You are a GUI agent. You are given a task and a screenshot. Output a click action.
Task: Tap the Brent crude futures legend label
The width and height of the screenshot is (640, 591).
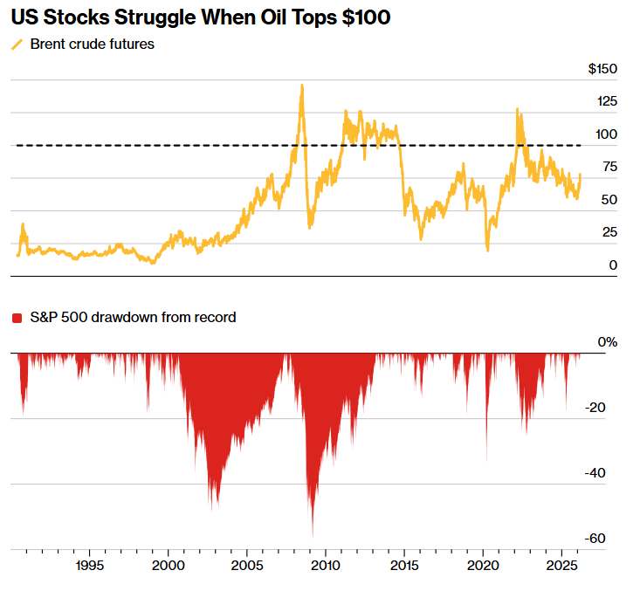(x=92, y=44)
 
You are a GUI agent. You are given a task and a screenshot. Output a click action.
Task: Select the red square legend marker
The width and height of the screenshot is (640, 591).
(x=17, y=319)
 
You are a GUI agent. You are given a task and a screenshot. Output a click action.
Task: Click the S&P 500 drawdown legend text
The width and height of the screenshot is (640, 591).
(x=133, y=318)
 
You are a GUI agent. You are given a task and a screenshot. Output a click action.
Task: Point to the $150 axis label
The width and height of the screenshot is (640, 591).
(x=602, y=69)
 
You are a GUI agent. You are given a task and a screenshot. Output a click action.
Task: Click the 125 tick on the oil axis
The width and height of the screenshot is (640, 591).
(x=606, y=101)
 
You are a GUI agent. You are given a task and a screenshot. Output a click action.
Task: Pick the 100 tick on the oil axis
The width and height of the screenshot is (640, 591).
(x=606, y=134)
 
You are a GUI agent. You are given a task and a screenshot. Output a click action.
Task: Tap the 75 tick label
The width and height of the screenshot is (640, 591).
(x=609, y=167)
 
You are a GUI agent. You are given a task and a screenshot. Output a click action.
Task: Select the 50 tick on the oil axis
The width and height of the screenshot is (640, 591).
(x=609, y=200)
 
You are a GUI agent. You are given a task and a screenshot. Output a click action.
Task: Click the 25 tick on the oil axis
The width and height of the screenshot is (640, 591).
(x=609, y=232)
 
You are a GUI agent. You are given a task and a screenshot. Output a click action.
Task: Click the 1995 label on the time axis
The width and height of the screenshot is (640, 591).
(x=90, y=567)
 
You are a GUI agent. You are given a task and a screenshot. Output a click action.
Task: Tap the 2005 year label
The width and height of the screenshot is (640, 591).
(x=248, y=567)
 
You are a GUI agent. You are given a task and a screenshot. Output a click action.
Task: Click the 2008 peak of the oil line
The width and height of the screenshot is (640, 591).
(x=302, y=86)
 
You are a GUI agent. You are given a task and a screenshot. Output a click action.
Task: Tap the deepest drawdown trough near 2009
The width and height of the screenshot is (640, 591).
(x=313, y=535)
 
